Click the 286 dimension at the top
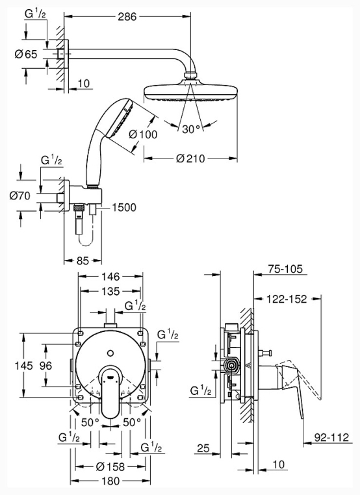point(127,17)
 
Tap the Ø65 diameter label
point(26,55)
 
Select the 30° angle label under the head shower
point(191,129)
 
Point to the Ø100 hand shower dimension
point(143,134)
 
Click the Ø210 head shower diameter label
point(191,158)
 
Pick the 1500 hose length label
point(123,207)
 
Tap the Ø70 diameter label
point(20,196)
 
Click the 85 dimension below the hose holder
point(83,260)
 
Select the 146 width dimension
point(111,277)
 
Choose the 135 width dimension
point(111,291)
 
